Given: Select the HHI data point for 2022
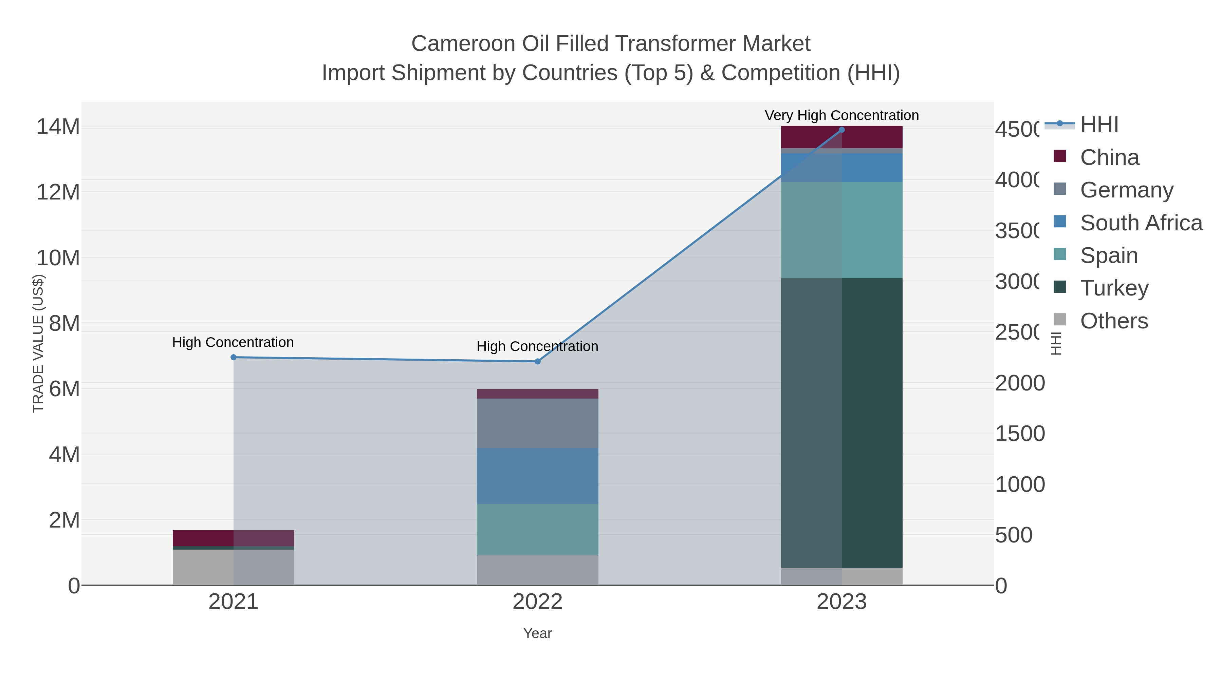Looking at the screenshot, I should click(537, 362).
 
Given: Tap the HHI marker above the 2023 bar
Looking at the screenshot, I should click(841, 130).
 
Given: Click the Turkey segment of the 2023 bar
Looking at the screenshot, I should click(841, 422).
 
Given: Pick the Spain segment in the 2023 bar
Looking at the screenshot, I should click(841, 230).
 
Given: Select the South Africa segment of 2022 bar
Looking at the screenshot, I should click(537, 476).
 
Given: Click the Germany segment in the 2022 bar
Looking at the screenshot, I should click(537, 423).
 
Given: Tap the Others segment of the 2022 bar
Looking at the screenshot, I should click(537, 570).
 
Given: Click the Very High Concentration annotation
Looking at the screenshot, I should click(841, 116).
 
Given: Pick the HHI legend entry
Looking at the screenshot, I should click(1099, 125).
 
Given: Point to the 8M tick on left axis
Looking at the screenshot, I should click(64, 324).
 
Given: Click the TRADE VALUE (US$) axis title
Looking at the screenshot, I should click(38, 344).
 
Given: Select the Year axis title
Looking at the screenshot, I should click(537, 633).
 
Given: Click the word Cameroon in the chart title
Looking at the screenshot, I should click(463, 44).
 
